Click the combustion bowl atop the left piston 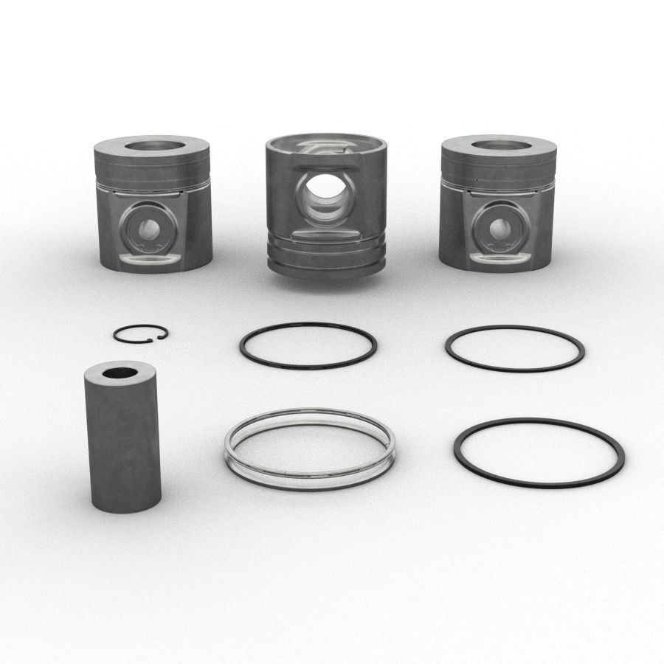point(154,144)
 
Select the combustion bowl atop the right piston point(499,145)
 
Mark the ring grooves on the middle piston point(325,255)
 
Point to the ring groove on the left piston point(153,180)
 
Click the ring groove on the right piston point(498,180)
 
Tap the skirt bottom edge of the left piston point(153,269)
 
